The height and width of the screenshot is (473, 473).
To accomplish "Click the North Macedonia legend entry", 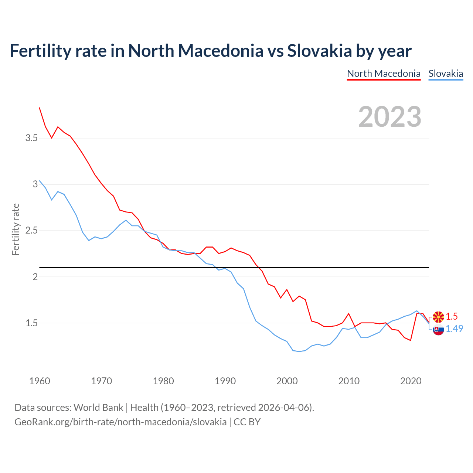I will coord(384,74).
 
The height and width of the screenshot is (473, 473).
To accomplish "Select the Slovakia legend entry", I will coord(446,74).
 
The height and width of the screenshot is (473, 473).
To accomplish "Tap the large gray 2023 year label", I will coord(390,117).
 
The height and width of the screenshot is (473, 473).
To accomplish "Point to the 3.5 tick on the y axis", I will coord(31,138).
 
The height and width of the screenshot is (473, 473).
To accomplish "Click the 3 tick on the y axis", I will coord(35,184).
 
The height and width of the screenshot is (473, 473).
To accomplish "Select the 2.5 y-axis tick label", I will coord(31,231).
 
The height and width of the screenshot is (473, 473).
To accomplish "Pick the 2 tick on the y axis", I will coord(35,277).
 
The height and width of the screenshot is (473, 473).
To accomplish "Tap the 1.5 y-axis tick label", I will coord(31,323).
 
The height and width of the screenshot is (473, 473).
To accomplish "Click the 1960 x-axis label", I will coord(40,381).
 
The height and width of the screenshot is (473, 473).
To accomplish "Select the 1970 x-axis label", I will coord(101,381).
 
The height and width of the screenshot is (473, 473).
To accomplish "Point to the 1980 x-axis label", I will coord(163,381).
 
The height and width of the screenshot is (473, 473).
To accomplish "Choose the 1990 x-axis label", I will coord(225,381).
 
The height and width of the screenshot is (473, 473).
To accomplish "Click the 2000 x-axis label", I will coord(287,381).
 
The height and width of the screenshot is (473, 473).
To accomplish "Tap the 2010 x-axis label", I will coord(349,381).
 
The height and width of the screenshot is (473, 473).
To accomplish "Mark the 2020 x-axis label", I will coord(411,381).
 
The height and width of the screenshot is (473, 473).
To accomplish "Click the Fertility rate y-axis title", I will coord(16,229).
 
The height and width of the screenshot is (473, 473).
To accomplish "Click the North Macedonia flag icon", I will coord(438,317).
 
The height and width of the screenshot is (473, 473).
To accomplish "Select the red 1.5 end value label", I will coord(452,316).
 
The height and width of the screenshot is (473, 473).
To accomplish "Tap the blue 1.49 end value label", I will coord(454,329).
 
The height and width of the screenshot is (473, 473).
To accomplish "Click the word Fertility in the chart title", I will coord(40,51).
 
